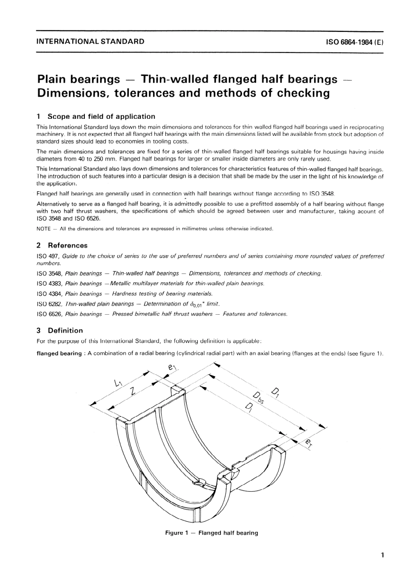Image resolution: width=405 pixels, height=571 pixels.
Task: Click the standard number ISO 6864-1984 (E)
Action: point(355,42)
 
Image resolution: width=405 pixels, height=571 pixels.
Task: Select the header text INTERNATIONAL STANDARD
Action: point(90,42)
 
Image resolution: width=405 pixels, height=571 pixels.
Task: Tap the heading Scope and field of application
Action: point(101,116)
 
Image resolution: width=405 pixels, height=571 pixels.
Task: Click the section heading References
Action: point(67,245)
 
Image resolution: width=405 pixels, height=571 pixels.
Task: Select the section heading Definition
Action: point(65,330)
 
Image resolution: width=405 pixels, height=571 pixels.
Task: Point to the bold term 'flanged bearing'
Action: point(59,353)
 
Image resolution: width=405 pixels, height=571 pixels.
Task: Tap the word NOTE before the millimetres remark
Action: point(43,229)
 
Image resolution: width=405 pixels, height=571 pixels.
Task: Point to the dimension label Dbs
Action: point(257,399)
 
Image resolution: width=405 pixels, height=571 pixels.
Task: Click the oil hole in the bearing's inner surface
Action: point(198,482)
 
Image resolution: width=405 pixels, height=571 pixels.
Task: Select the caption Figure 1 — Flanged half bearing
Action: point(211,533)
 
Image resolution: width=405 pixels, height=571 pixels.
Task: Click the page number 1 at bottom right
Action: point(382,555)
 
